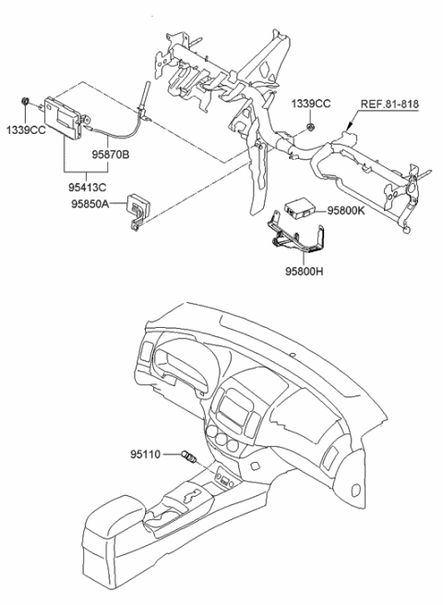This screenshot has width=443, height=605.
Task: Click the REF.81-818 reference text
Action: [x=390, y=103]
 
